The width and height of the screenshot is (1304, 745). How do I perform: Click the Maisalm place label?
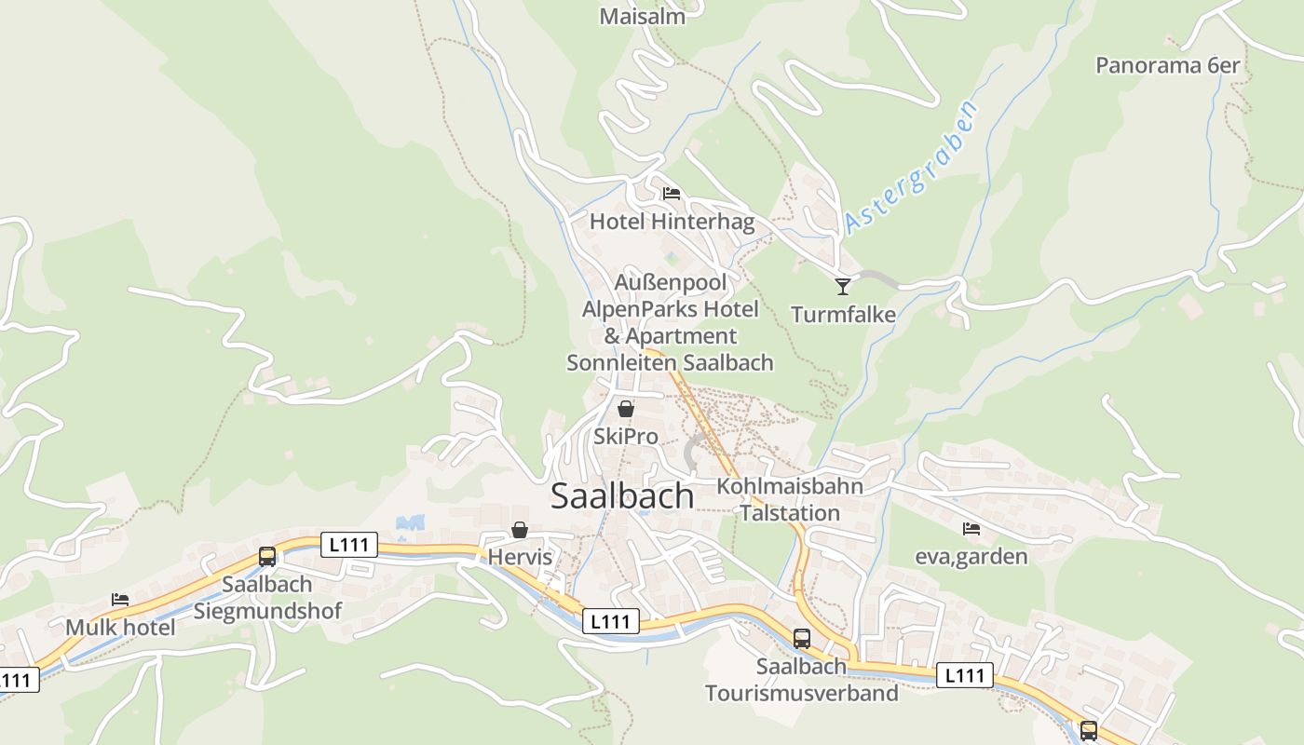point(642,17)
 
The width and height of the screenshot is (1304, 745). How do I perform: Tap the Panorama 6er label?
point(1167,65)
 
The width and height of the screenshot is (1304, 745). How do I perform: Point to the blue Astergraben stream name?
point(912,169)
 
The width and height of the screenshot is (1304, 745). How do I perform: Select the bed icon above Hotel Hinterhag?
point(672,194)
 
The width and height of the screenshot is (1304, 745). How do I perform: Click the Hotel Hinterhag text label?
point(672,222)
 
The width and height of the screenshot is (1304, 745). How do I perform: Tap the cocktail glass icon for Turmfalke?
point(843,286)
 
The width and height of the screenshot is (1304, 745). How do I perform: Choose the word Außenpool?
point(671,281)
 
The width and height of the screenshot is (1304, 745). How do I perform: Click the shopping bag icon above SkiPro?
point(626,409)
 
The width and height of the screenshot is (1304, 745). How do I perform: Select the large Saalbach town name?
point(622,496)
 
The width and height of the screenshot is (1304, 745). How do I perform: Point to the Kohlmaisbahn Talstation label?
point(790,499)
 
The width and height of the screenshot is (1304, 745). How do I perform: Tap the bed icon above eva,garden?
point(971,529)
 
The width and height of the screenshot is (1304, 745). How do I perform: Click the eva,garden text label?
point(971,557)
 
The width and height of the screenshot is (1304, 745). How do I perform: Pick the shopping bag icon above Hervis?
point(520,530)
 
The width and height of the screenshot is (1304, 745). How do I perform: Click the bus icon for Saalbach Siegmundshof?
point(267,557)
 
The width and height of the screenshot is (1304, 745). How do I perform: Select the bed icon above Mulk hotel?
point(120,599)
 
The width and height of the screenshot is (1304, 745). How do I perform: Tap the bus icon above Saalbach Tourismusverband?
point(802,639)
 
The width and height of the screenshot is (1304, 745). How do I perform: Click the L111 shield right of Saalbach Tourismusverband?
point(964,675)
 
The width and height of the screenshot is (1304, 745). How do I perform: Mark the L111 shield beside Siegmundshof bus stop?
point(348,545)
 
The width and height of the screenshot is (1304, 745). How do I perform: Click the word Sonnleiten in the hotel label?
point(622,362)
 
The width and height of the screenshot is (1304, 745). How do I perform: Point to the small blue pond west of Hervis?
point(410,523)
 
